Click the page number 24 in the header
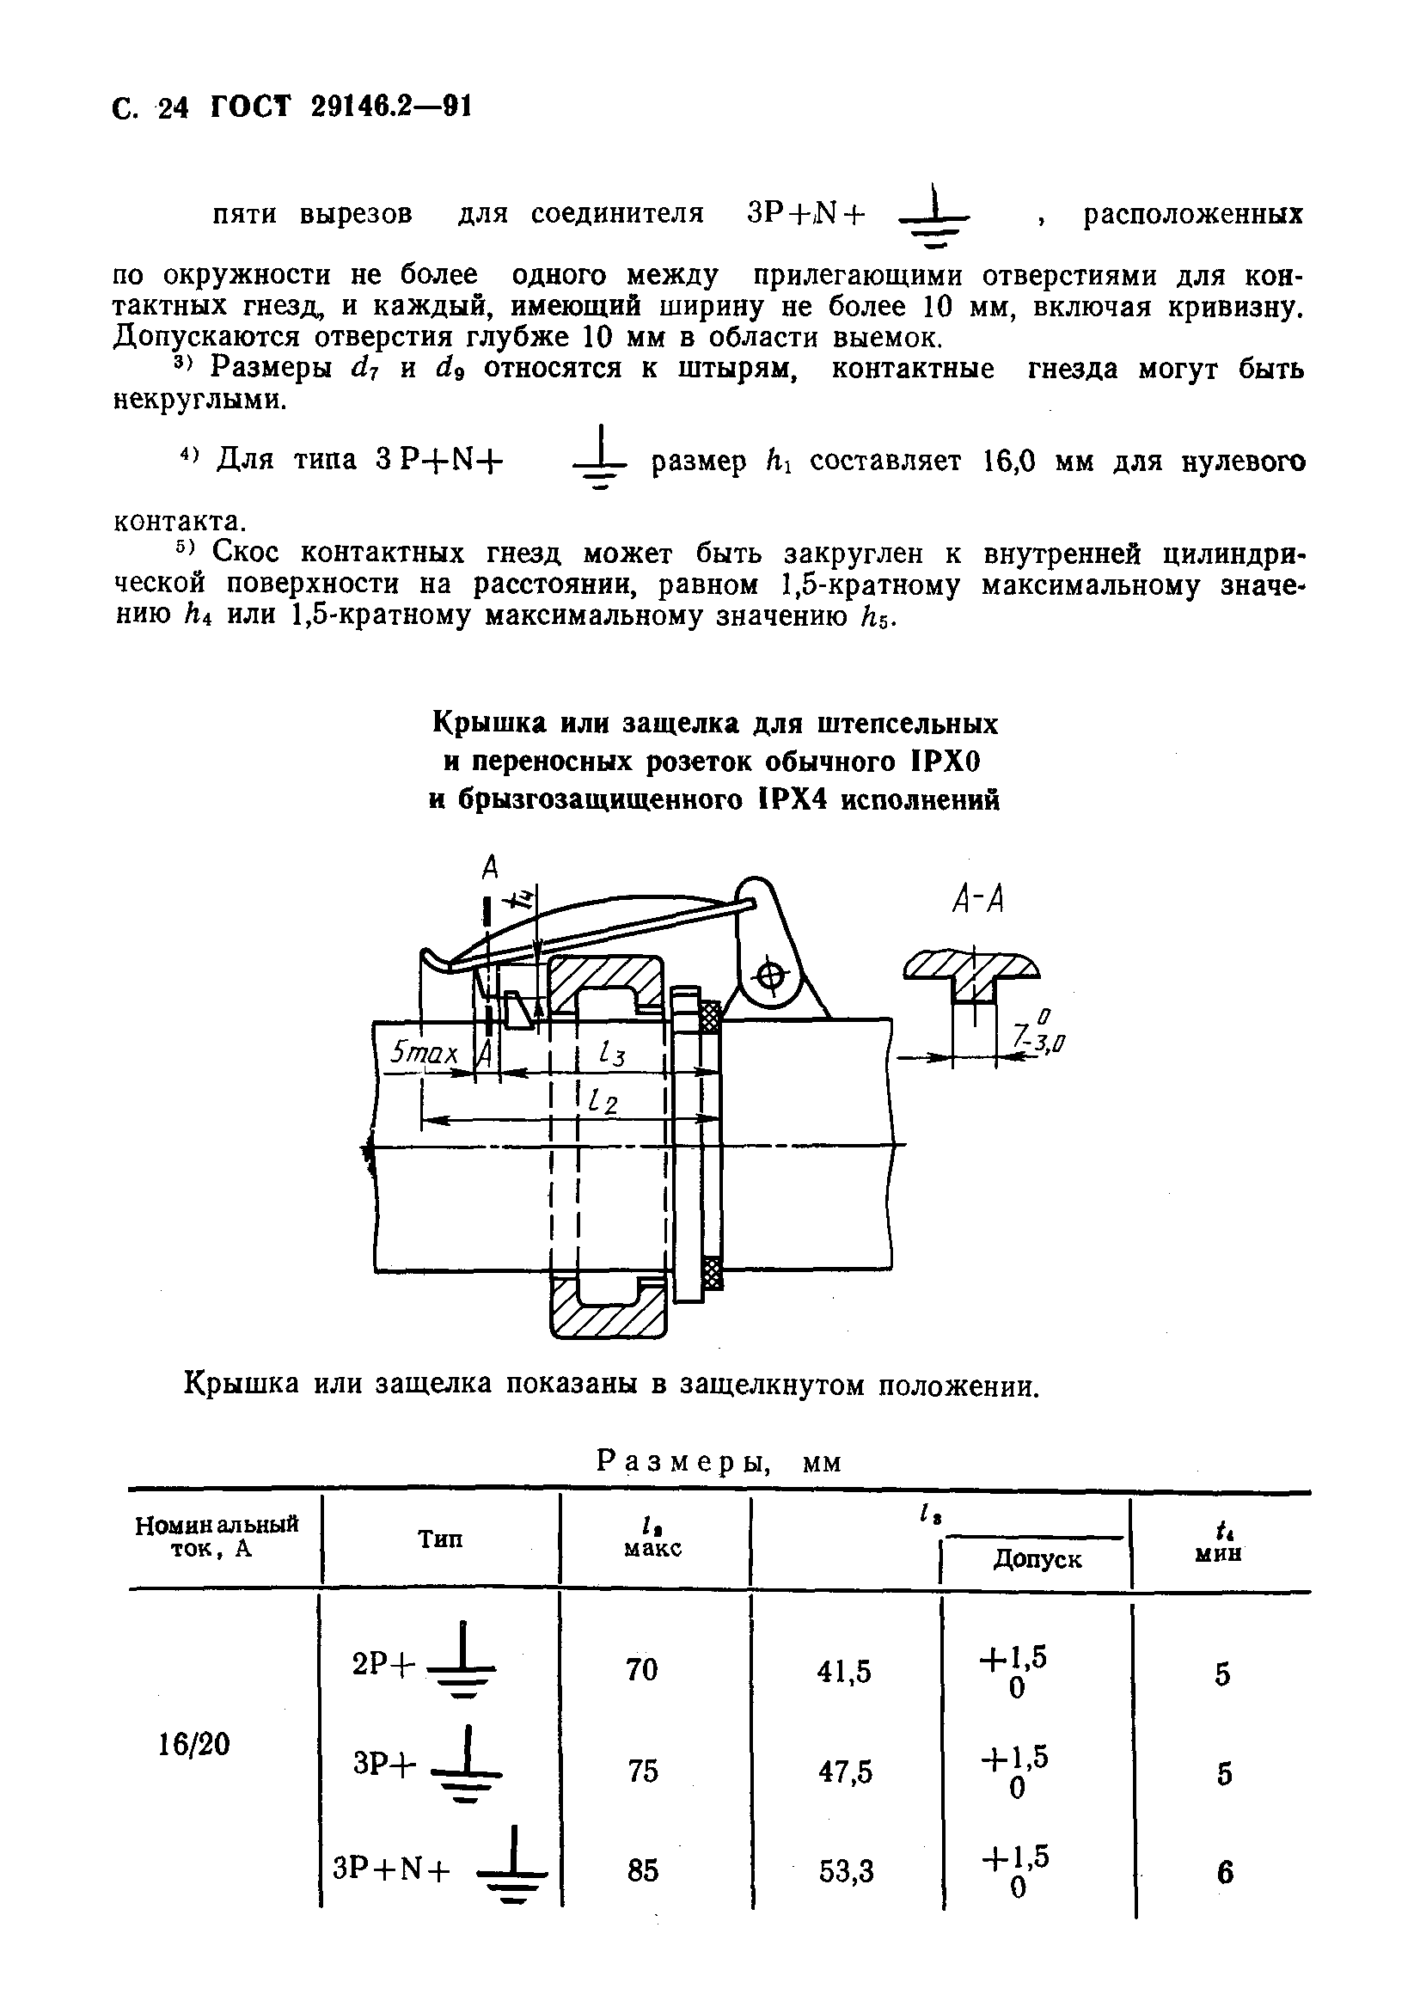(174, 107)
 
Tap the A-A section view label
(977, 900)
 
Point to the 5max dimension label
(425, 1052)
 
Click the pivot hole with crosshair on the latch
(771, 975)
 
